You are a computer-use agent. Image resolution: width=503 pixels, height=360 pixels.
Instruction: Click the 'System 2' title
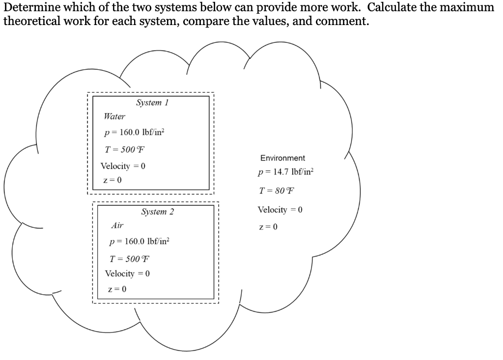pos(157,212)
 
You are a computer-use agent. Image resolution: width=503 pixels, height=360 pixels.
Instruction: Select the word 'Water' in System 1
pos(114,117)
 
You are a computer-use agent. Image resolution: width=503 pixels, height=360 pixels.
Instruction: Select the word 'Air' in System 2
pos(117,225)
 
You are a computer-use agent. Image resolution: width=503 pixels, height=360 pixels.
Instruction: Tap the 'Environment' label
pos(282,158)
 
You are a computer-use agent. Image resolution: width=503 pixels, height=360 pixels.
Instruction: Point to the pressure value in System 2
pos(140,242)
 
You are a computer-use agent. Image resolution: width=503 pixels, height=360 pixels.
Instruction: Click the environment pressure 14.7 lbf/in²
pos(285,173)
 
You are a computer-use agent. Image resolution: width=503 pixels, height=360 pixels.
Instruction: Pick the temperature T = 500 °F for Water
pos(126,149)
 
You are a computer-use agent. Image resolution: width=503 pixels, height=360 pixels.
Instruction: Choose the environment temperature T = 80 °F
pos(278,191)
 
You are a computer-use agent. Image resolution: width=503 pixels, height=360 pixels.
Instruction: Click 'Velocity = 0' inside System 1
pos(123,166)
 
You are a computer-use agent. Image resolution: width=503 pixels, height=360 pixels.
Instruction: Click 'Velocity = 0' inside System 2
pos(127,274)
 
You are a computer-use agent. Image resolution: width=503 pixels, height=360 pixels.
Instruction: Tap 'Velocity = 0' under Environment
pos(280,210)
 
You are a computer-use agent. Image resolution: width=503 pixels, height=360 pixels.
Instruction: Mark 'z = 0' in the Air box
pos(117,289)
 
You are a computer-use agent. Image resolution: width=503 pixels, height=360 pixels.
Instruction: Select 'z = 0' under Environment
pos(268,227)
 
